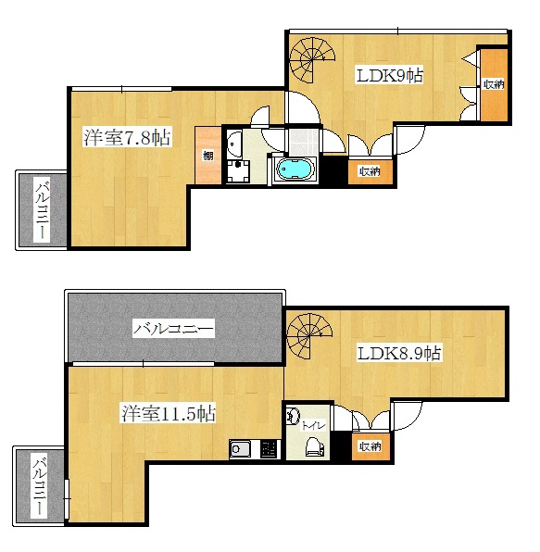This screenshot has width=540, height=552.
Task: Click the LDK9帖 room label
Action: (390, 75)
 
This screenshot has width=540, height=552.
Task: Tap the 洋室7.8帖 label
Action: (127, 137)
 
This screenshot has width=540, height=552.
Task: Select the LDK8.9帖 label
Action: (399, 353)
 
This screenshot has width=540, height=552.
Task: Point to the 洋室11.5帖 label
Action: (169, 413)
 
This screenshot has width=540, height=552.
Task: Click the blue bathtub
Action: (295, 169)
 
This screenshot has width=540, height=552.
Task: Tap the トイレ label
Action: (313, 426)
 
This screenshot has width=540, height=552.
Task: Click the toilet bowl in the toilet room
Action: (314, 446)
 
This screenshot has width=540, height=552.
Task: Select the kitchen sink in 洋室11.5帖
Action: (240, 449)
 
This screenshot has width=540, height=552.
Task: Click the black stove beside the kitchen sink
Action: (270, 449)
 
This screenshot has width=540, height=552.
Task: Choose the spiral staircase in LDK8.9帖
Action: (309, 335)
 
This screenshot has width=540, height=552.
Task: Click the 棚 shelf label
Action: (208, 156)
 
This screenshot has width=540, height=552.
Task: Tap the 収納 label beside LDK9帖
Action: (494, 84)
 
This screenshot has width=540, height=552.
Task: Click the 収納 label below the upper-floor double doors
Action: (370, 171)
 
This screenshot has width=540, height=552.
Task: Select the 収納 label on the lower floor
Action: (370, 446)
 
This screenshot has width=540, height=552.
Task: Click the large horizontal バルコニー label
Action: (173, 329)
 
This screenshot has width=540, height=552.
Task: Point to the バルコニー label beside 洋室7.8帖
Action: (42, 210)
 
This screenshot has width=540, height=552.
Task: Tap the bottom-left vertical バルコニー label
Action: (39, 486)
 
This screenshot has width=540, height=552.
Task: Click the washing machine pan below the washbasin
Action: (238, 171)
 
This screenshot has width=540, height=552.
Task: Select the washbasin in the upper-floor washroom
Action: (232, 144)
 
